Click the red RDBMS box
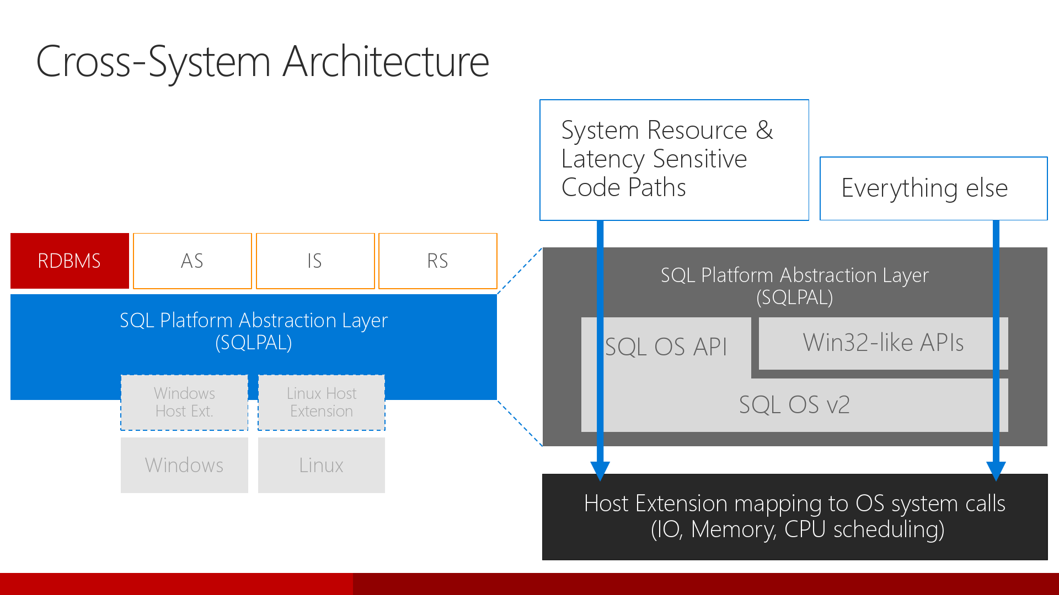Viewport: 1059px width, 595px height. pyautogui.click(x=69, y=261)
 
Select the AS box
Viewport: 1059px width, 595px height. pyautogui.click(x=192, y=261)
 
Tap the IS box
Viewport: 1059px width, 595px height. pyautogui.click(x=315, y=261)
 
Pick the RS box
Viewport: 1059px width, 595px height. pyautogui.click(x=437, y=261)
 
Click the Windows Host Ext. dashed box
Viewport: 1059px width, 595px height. pyautogui.click(x=184, y=402)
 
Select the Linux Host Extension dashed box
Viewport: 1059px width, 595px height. pyautogui.click(x=322, y=402)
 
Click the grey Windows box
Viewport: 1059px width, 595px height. pyautogui.click(x=184, y=465)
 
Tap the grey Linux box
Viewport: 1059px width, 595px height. pyautogui.click(x=322, y=465)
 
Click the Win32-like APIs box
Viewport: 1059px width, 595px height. pyautogui.click(x=883, y=343)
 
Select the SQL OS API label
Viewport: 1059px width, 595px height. pyautogui.click(x=666, y=347)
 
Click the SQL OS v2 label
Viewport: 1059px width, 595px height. pyautogui.click(x=794, y=405)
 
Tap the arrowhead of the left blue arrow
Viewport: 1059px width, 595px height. pyautogui.click(x=600, y=470)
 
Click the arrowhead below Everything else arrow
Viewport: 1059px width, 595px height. pyautogui.click(x=996, y=470)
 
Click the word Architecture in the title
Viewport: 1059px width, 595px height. pyautogui.click(x=386, y=61)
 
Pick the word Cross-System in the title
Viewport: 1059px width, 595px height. pyautogui.click(x=153, y=61)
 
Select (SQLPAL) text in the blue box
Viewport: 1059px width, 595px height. pyautogui.click(x=254, y=343)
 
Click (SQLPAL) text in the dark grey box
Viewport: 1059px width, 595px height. pyautogui.click(x=794, y=297)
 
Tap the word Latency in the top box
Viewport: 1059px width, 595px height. pyautogui.click(x=602, y=159)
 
